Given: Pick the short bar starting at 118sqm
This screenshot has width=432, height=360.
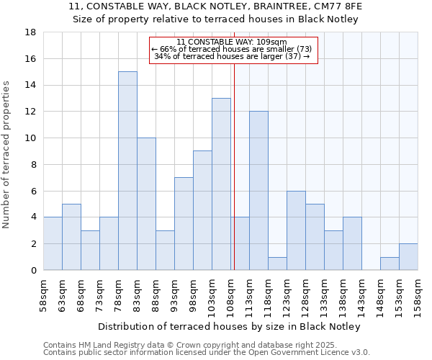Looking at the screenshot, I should (277, 264).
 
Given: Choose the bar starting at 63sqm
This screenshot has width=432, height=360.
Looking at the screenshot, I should (71, 237).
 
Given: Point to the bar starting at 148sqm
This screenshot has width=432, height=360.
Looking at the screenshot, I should (390, 264).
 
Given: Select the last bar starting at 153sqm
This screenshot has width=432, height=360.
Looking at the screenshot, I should (408, 257).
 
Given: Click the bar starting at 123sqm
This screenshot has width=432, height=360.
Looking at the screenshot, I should (296, 230).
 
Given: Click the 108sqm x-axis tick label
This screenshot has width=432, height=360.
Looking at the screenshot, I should (230, 295).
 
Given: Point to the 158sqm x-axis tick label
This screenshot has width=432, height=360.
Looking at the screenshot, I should (418, 295).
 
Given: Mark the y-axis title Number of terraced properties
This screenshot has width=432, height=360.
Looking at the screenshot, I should (6, 154).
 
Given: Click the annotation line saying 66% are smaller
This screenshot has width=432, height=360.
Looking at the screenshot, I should (232, 49).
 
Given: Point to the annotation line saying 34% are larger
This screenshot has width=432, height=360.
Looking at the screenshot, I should (232, 56).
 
